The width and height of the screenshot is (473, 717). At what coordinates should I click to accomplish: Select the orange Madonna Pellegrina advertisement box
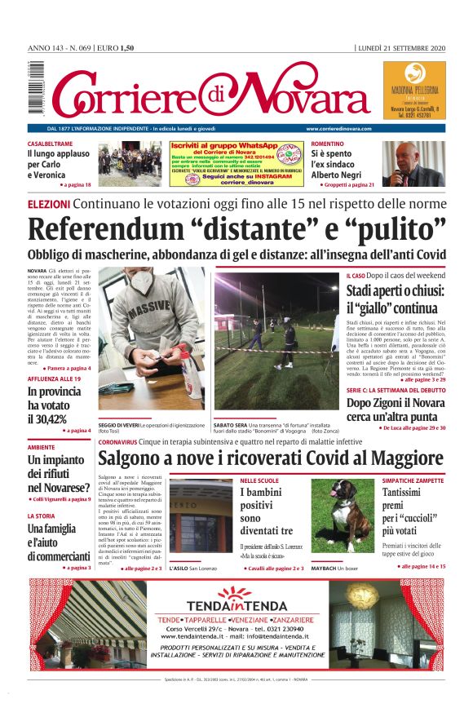click(414, 90)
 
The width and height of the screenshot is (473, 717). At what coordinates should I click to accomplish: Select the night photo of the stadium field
click(276, 341)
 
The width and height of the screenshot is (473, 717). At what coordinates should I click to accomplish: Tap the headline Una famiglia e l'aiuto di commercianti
click(62, 542)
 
